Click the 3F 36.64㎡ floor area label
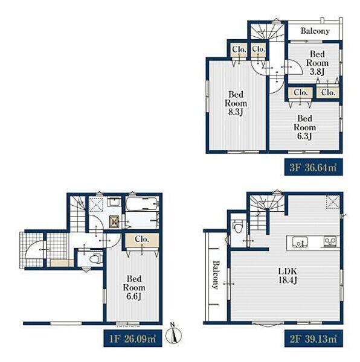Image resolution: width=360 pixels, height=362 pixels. (313, 167)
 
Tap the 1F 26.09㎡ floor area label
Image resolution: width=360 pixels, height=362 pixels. (133, 338)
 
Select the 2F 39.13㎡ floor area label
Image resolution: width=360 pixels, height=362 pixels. (313, 338)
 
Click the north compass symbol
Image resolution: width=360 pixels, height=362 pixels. (173, 334)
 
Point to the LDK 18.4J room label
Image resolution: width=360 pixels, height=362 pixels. (288, 276)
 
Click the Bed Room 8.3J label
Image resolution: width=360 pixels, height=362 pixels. (236, 103)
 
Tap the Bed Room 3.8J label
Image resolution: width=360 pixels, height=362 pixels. (318, 63)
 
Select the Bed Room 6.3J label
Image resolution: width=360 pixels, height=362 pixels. (305, 127)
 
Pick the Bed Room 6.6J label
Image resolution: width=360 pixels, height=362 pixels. (134, 287)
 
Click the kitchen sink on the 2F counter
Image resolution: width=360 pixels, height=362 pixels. (300, 242)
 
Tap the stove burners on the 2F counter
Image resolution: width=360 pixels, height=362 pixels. (330, 242)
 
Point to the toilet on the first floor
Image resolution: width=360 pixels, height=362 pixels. (95, 258)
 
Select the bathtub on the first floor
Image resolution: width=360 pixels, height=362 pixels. (142, 203)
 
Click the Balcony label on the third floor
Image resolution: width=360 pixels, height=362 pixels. (315, 31)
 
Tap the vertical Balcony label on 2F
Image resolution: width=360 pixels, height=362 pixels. (216, 275)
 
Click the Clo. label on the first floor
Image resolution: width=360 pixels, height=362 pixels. (142, 239)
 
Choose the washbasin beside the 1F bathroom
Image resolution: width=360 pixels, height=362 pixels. (115, 202)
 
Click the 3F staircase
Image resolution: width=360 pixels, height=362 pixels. (268, 31)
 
